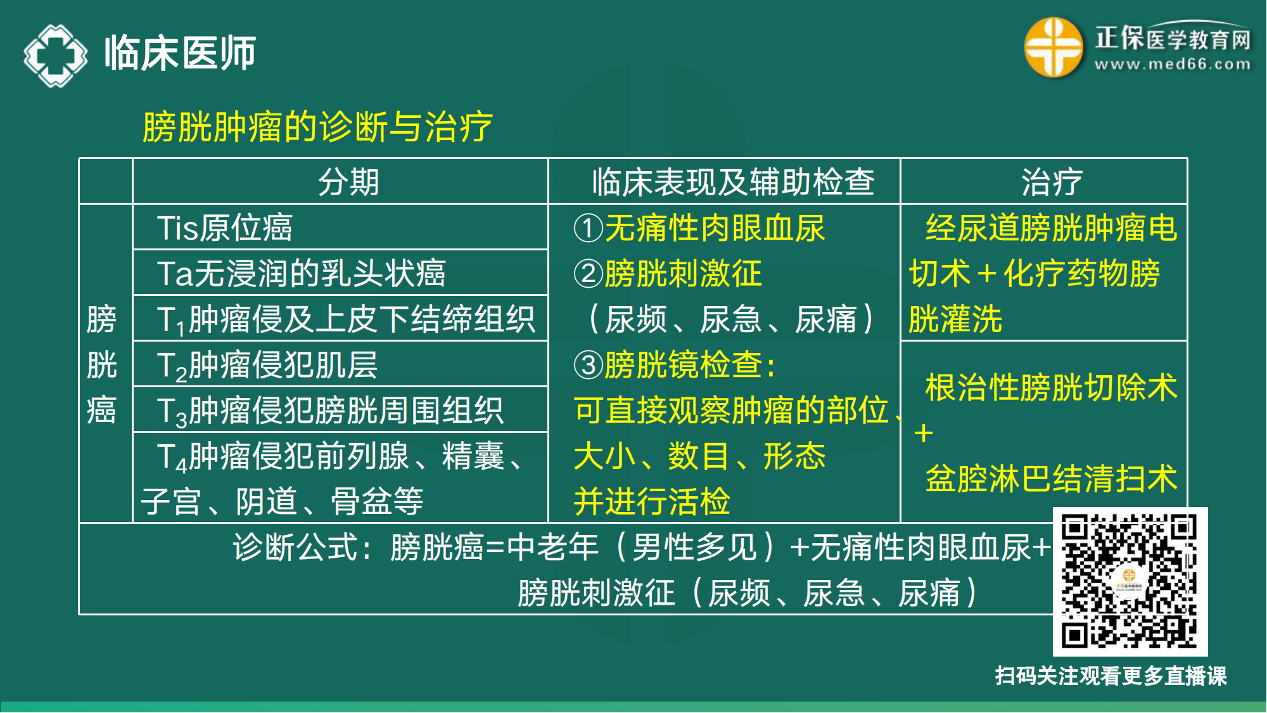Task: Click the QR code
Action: (x=1130, y=581)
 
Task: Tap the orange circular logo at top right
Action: (x=1053, y=48)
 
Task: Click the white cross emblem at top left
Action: (x=56, y=55)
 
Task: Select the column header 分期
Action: (x=348, y=182)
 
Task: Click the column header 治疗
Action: (x=1052, y=182)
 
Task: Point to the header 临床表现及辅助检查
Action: (x=732, y=182)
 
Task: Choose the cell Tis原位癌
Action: (x=224, y=228)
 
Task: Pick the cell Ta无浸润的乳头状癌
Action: (x=301, y=273)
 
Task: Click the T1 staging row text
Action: (x=345, y=319)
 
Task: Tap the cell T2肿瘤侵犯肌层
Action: (x=267, y=365)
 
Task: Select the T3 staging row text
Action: (x=329, y=411)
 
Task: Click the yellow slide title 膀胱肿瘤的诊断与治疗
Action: (x=317, y=126)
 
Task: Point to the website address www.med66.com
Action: (x=1173, y=64)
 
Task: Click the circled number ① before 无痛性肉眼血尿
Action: (x=588, y=228)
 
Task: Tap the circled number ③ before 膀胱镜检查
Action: (x=588, y=365)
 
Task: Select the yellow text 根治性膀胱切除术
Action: (x=1051, y=387)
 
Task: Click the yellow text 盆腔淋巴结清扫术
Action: (x=1051, y=479)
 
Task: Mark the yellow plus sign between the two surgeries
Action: (x=924, y=434)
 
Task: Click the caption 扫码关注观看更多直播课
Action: (x=1111, y=676)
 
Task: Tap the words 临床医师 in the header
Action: (x=180, y=53)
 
